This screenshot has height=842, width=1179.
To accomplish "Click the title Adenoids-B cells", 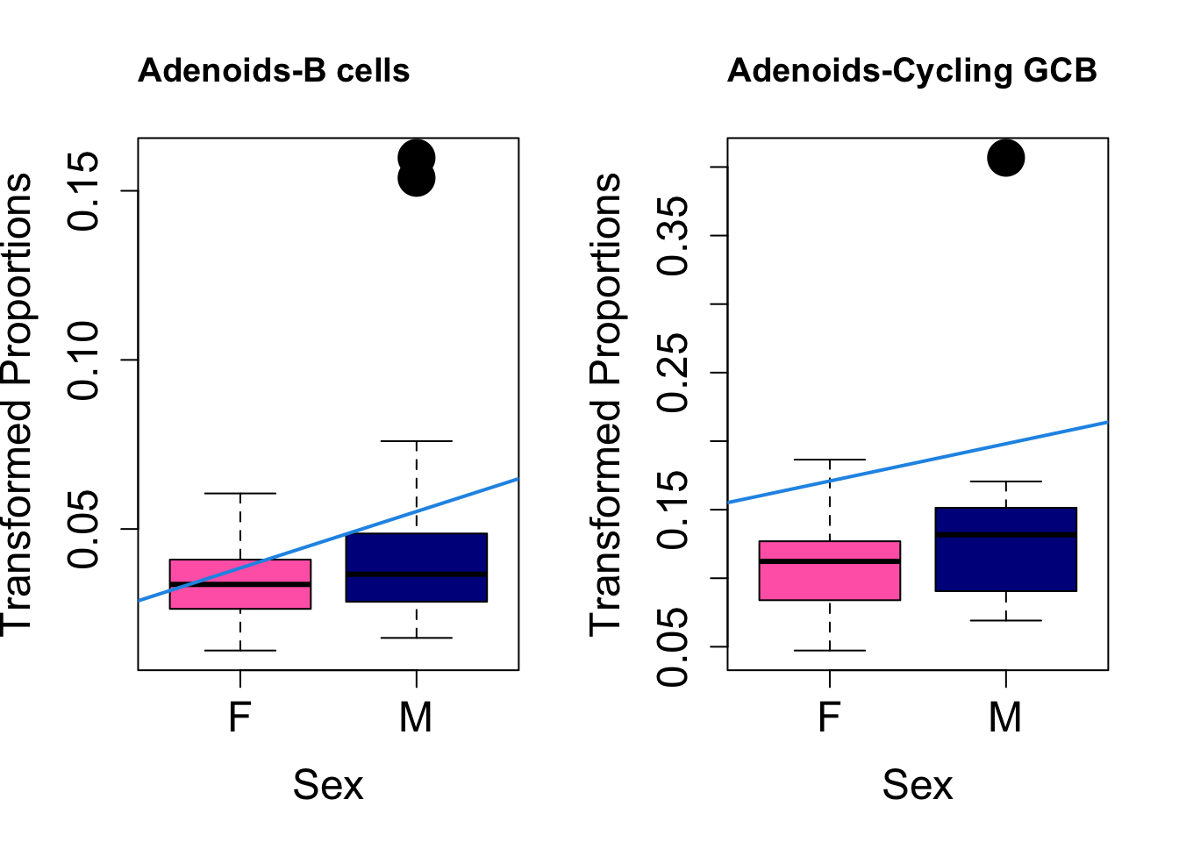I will tap(274, 71).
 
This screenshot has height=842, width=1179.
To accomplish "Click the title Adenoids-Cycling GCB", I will tap(911, 71).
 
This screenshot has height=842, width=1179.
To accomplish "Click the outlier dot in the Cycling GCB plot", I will tap(1005, 158).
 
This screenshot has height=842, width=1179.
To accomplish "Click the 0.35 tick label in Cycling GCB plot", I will tap(675, 235).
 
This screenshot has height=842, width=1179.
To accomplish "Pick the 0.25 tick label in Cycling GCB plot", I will tap(675, 372).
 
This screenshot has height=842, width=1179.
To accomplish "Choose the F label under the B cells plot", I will tap(240, 717).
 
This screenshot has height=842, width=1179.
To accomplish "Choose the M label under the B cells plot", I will tap(416, 717).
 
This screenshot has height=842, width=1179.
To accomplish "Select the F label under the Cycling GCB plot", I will tap(830, 717).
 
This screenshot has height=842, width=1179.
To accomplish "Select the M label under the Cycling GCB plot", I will tap(1005, 717).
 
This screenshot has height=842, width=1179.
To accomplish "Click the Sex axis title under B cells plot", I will tap(327, 785).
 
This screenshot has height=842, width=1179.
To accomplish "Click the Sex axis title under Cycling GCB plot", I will tap(917, 785).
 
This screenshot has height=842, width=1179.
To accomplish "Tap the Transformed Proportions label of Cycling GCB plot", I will tap(605, 403).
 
